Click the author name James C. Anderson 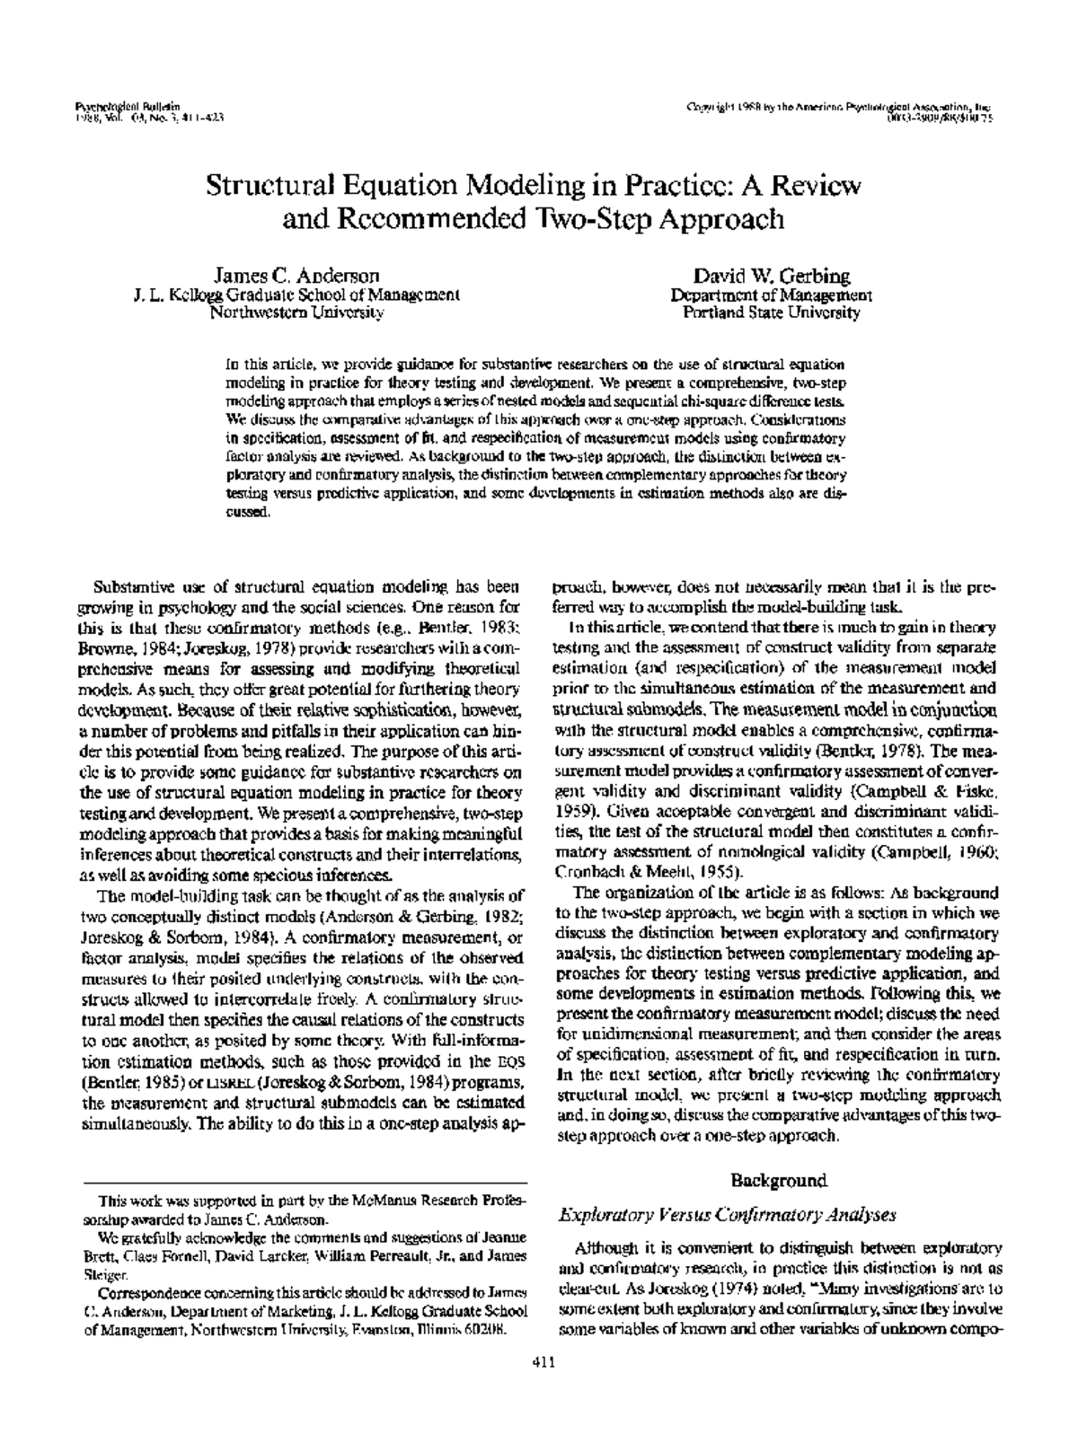pyautogui.click(x=296, y=275)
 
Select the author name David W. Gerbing pyautogui.click(x=771, y=275)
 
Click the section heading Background pyautogui.click(x=778, y=1180)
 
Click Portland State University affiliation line pyautogui.click(x=771, y=313)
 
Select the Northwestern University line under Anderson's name pyautogui.click(x=296, y=313)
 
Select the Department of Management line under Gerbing pyautogui.click(x=771, y=295)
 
